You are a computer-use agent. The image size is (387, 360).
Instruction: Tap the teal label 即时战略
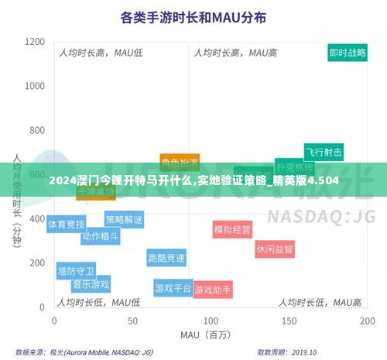click(x=348, y=53)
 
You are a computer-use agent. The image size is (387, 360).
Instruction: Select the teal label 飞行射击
click(x=323, y=152)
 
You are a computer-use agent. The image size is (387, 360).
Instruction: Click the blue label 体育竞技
click(x=67, y=224)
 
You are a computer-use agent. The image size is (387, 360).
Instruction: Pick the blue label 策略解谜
click(x=124, y=219)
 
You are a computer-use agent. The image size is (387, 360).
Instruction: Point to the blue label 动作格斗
click(x=100, y=236)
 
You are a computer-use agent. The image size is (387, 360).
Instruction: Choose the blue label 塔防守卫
click(x=76, y=271)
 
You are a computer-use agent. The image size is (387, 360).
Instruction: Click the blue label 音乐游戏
click(x=91, y=284)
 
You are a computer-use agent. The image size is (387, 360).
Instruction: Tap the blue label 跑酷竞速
click(x=166, y=258)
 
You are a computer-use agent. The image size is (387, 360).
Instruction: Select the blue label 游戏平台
click(x=173, y=288)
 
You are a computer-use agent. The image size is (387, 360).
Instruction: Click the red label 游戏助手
click(x=213, y=290)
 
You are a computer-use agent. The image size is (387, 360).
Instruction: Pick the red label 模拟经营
click(x=232, y=229)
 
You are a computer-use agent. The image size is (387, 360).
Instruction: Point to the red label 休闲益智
click(x=275, y=249)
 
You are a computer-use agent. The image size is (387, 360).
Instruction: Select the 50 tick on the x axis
click(x=132, y=320)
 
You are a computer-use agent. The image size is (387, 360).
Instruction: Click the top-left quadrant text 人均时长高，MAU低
click(x=101, y=53)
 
